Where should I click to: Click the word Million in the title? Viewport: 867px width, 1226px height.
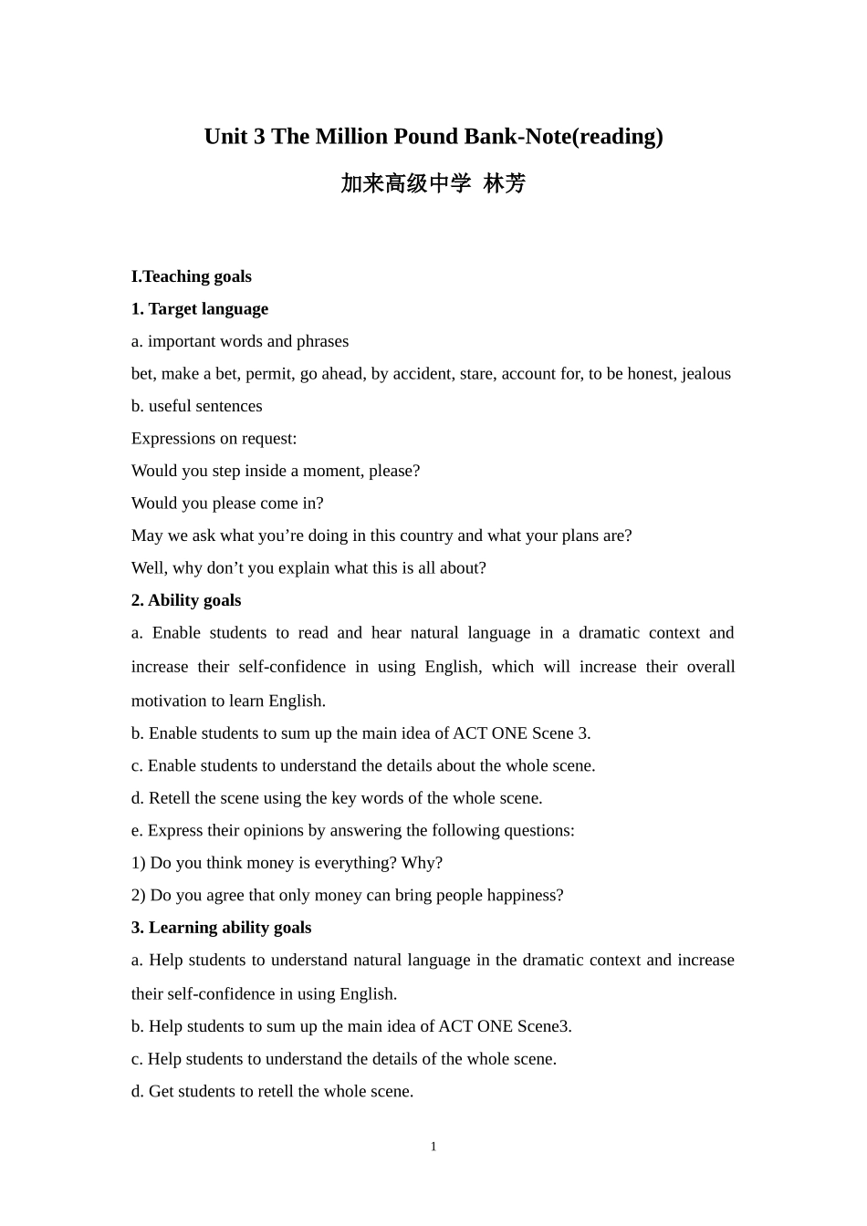pyautogui.click(x=351, y=137)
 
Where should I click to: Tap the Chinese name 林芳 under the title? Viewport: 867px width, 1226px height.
pyautogui.click(x=505, y=183)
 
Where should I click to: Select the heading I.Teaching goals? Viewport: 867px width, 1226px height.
pyautogui.click(x=191, y=276)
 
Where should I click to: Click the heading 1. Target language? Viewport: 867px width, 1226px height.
pyautogui.click(x=200, y=308)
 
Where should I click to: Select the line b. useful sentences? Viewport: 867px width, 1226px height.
pyautogui.click(x=196, y=406)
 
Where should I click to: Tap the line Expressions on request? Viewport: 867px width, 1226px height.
pyautogui.click(x=214, y=438)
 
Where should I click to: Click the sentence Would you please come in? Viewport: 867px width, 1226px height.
pyautogui.click(x=227, y=503)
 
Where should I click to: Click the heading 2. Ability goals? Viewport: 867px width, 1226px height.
pyautogui.click(x=186, y=600)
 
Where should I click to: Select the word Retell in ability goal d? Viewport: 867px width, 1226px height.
pyautogui.click(x=170, y=798)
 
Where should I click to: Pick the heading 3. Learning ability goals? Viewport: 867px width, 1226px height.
pyautogui.click(x=221, y=928)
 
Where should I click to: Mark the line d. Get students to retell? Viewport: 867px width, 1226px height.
pyautogui.click(x=272, y=1091)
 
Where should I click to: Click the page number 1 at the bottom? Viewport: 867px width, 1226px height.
pyautogui.click(x=433, y=1147)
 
